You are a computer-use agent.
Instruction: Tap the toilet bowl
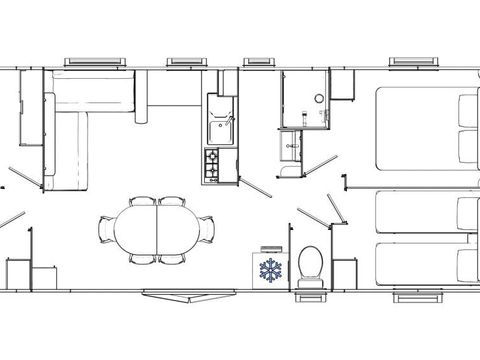tap(310, 263)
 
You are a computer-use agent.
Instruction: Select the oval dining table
tap(157, 229)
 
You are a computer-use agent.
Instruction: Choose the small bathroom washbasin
tap(292, 147)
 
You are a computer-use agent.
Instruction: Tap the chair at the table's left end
tap(106, 229)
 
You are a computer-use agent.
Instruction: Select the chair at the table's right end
tap(207, 229)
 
